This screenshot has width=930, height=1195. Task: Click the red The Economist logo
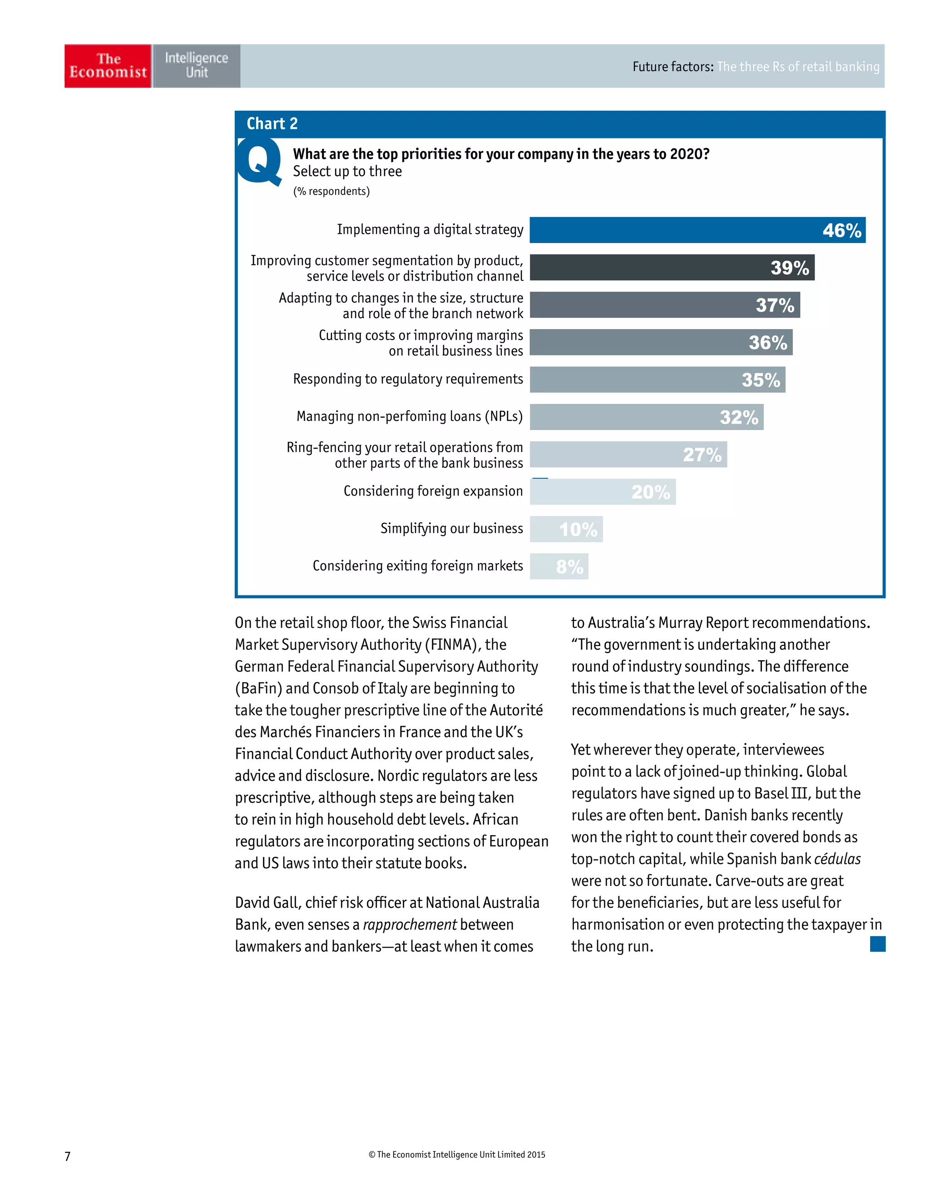click(x=108, y=66)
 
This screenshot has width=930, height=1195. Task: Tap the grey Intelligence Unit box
click(x=196, y=66)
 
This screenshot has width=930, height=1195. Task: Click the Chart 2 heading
click(x=272, y=123)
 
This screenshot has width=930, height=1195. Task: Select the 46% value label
click(x=841, y=231)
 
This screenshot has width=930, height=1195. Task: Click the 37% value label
click(x=775, y=305)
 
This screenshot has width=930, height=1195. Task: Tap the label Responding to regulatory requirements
click(x=408, y=379)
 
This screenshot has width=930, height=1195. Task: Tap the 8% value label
click(x=569, y=567)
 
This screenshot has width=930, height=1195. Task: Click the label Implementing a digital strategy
click(x=430, y=229)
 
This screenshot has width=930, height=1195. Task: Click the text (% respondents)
click(x=331, y=191)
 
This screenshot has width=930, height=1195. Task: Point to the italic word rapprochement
click(x=410, y=924)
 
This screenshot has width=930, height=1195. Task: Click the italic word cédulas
click(x=837, y=859)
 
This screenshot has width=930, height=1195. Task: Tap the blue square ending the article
click(x=877, y=944)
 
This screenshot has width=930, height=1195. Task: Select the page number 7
click(x=67, y=1156)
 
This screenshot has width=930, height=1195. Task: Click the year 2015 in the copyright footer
click(x=536, y=1155)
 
